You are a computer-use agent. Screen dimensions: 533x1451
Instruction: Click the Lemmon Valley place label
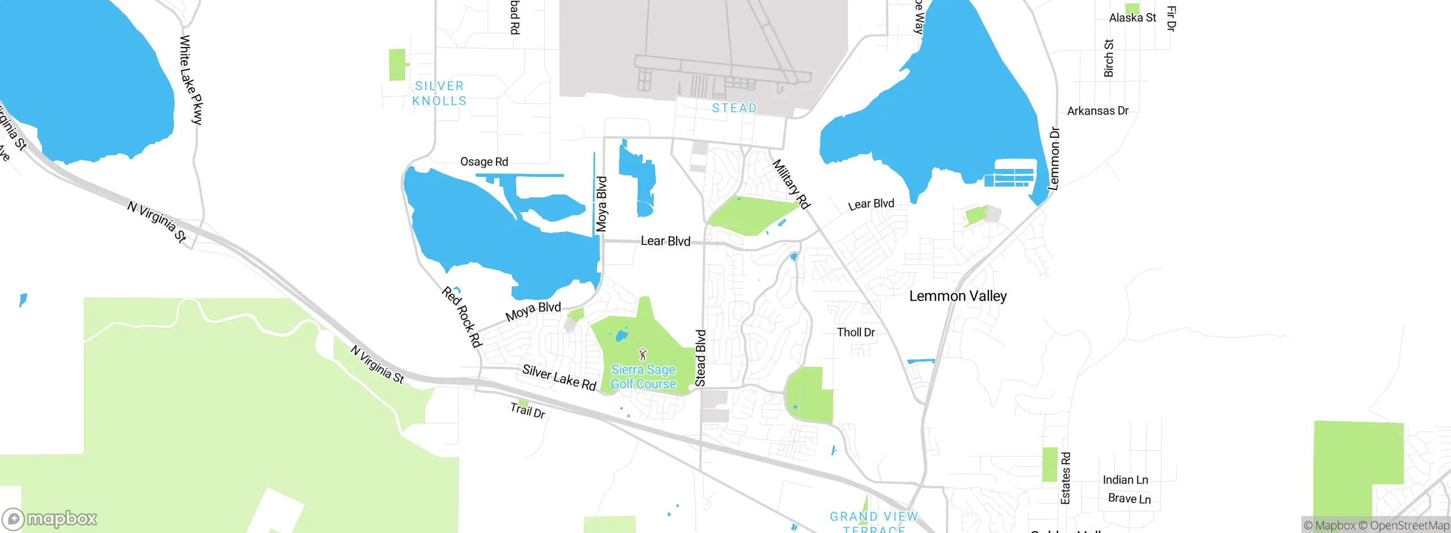coord(958,296)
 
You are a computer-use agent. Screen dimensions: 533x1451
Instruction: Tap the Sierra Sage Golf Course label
coord(643,377)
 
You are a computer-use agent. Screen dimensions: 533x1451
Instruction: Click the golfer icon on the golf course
coord(642,355)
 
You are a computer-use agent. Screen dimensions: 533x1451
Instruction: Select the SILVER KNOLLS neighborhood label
coord(439,94)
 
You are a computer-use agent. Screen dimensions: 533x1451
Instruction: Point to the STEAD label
coord(734,108)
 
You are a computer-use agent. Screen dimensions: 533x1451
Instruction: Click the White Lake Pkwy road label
coord(191,79)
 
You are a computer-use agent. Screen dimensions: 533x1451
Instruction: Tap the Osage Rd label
coord(484,162)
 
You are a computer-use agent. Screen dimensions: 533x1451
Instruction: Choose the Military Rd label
coord(791,184)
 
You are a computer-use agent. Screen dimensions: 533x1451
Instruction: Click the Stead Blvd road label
coord(701,358)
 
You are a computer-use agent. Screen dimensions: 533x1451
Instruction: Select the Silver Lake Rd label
coord(559,378)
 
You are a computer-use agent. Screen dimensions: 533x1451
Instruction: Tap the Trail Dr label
coord(528,410)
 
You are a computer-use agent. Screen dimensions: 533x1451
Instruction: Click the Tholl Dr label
coord(856,332)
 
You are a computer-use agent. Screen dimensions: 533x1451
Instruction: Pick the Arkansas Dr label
coord(1097,111)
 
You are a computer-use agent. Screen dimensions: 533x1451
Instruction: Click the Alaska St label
coord(1132,18)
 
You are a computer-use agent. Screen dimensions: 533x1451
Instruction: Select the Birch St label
coord(1109,58)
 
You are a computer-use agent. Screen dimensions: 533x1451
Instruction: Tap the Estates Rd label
coord(1066,478)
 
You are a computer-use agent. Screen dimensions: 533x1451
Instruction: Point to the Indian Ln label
coord(1125,480)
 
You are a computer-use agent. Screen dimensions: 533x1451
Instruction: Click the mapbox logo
coord(50,518)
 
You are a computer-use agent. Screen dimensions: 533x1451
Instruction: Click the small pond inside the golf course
coord(621,336)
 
